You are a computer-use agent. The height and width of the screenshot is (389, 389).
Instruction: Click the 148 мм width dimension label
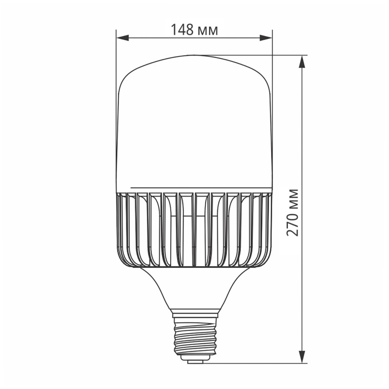(194, 30)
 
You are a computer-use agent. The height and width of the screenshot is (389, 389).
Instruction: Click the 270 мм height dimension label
(292, 212)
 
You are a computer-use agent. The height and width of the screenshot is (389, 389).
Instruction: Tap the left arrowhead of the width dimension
(122, 37)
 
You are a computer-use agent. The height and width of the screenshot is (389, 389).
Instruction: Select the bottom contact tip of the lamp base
(194, 360)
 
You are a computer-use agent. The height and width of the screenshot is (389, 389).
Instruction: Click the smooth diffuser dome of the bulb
(194, 122)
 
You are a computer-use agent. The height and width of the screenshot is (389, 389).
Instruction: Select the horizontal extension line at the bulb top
(253, 55)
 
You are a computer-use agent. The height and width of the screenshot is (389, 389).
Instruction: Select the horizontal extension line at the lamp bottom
(253, 363)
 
